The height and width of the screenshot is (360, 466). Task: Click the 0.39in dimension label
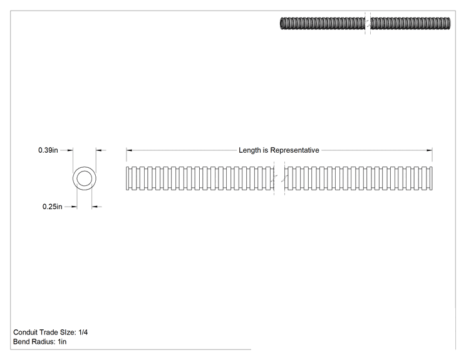[x=48, y=150]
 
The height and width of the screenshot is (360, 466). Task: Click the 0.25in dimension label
[x=53, y=207]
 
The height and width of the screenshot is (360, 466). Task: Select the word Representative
[x=294, y=150]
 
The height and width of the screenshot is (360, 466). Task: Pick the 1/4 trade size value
[x=83, y=332]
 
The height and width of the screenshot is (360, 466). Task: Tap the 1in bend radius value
[x=62, y=342]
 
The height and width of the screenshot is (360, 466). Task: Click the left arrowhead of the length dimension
[x=129, y=150]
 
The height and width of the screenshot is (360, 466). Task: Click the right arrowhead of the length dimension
[x=430, y=150]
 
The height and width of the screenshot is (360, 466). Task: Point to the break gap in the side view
[x=279, y=178]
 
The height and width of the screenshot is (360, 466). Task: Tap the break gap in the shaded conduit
[x=368, y=23]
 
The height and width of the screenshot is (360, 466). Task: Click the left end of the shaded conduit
[x=281, y=23]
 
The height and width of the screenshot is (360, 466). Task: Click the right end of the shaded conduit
[x=449, y=23]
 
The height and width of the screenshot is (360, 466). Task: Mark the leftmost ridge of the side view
[x=128, y=178]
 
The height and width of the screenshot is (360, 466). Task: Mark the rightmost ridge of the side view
[x=431, y=178]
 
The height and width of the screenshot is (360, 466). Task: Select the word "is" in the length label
[x=265, y=150]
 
